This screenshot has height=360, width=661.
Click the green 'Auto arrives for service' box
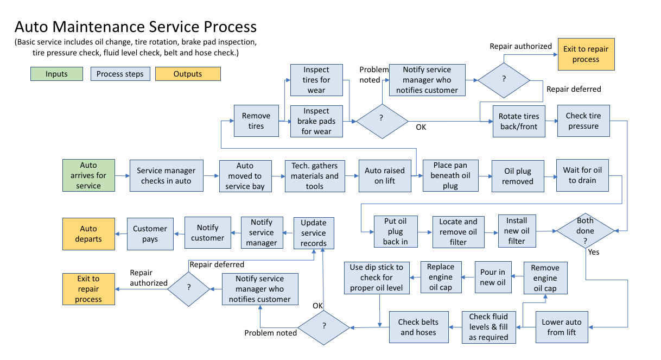tap(88, 175)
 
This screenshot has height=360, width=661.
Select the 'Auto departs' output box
tap(88, 234)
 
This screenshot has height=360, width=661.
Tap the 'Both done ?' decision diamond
tap(585, 231)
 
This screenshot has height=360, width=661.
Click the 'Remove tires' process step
tap(256, 121)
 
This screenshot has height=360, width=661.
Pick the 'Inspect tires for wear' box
tap(316, 80)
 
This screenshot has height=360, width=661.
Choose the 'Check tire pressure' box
tap(583, 121)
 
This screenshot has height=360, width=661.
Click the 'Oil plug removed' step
tap(517, 176)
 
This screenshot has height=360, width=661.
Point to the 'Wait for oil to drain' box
tap(583, 175)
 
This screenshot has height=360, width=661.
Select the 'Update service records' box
tap(314, 233)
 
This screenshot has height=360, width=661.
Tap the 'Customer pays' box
tap(150, 234)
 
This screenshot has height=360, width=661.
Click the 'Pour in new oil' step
tap(493, 277)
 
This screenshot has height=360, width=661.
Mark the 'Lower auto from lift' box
tap(561, 327)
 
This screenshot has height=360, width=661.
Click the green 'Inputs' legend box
tap(56, 74)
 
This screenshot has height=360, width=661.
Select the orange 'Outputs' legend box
tap(188, 74)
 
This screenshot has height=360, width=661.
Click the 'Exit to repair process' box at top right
tap(586, 54)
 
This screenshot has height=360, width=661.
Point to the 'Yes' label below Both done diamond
tap(594, 252)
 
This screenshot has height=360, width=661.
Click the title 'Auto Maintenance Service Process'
tap(136, 27)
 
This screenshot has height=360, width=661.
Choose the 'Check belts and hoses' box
tap(418, 327)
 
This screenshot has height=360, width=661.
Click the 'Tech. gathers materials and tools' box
tap(315, 176)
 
